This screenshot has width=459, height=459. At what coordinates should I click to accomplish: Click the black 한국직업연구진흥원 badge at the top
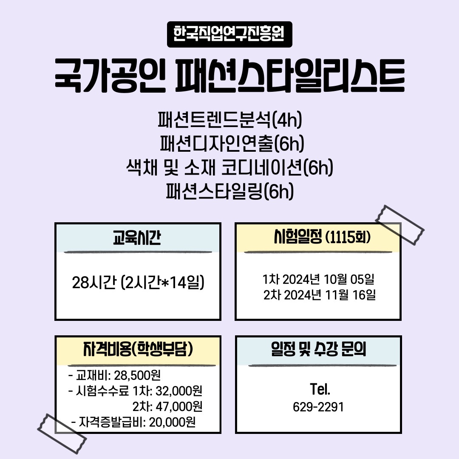(x=229, y=34)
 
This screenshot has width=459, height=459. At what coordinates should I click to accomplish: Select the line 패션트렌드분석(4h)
(x=229, y=120)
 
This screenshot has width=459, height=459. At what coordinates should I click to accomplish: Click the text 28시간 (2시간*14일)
(x=138, y=283)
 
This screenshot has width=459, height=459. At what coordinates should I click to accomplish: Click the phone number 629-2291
(x=318, y=407)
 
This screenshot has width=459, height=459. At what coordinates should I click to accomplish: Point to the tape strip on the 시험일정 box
(x=400, y=225)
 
